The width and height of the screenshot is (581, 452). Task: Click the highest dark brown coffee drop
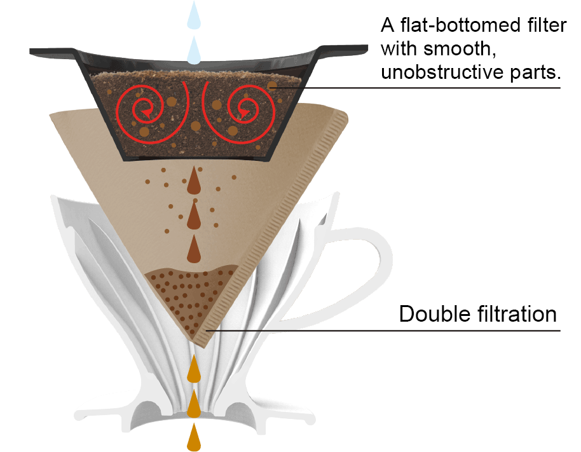click(x=194, y=183)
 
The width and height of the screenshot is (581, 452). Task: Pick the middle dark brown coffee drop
click(x=194, y=217)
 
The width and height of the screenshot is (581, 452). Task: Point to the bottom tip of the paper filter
click(x=202, y=343)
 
